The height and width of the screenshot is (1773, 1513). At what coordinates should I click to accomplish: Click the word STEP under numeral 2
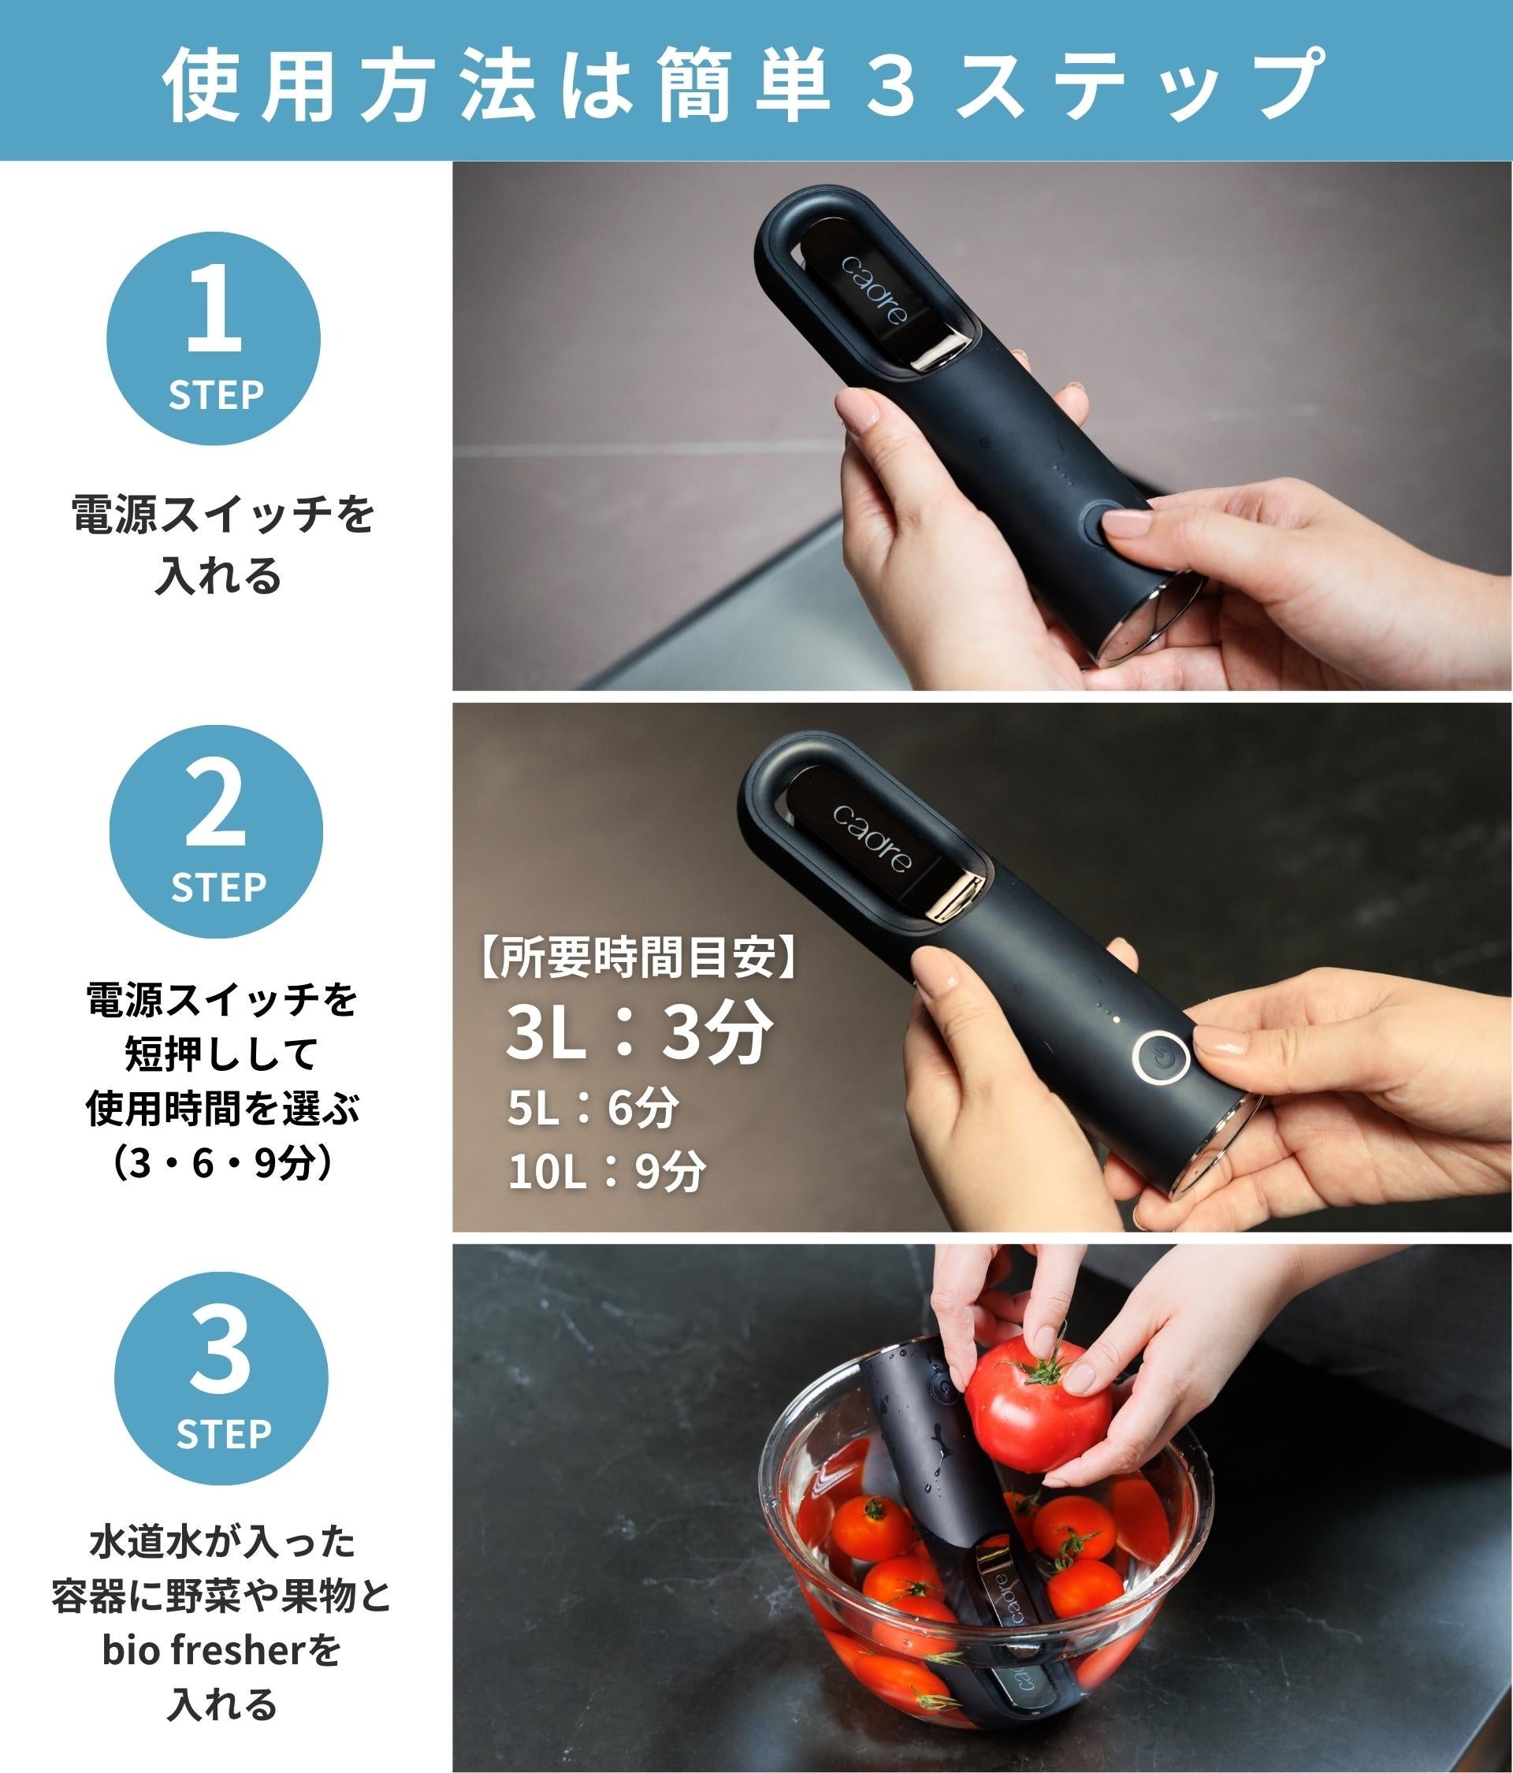click(x=218, y=887)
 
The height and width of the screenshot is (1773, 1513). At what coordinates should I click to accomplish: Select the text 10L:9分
click(x=607, y=1171)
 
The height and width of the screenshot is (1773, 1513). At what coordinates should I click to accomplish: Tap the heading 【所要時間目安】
click(x=638, y=958)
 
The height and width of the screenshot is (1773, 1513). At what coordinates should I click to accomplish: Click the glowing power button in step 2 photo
click(x=1162, y=1063)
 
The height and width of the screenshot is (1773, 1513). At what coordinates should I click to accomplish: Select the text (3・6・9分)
click(x=221, y=1164)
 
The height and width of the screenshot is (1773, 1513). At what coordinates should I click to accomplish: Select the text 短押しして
click(x=221, y=1054)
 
